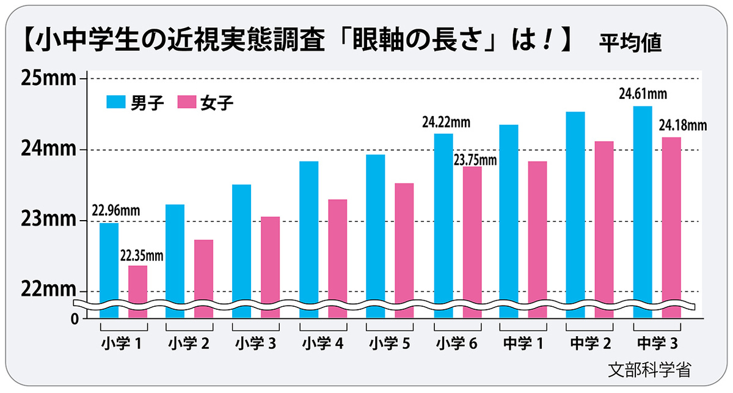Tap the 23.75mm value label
coord(475,160)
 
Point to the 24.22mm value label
coord(445,122)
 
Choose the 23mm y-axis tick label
coord(48,220)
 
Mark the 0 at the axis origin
coord(75,318)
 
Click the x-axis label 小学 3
coord(255,343)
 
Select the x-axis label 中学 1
coord(523,343)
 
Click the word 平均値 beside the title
coord(629,44)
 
